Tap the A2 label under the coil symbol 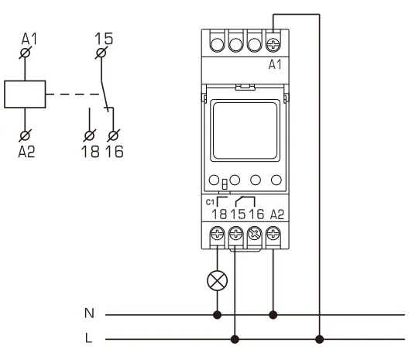click(27, 151)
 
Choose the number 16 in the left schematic click(113, 151)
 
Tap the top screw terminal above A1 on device click(273, 44)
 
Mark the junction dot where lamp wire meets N click(217, 315)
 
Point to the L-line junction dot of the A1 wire click(319, 338)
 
